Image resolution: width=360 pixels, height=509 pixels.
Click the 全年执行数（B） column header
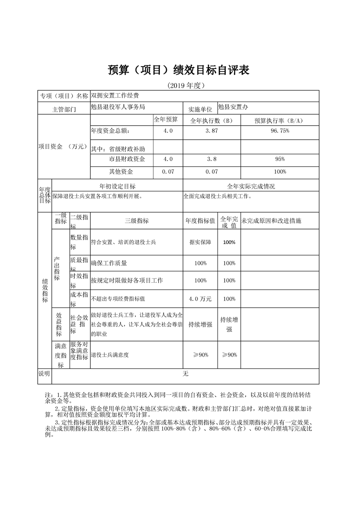pyautogui.click(x=211, y=120)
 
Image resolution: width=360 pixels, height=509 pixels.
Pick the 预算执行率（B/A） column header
pyautogui.click(x=279, y=120)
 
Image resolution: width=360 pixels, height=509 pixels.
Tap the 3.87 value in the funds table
pyautogui.click(x=211, y=131)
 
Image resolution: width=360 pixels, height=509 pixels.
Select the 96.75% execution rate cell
pyautogui.click(x=280, y=131)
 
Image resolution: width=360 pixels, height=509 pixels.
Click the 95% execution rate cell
pyautogui.click(x=280, y=159)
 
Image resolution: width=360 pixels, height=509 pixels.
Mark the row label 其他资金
pyautogui.click(x=121, y=172)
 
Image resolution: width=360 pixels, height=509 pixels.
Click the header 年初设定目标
pyautogui.click(x=118, y=186)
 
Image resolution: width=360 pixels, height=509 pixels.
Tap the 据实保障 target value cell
pyautogui.click(x=200, y=243)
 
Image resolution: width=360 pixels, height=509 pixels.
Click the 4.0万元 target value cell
pyautogui.click(x=200, y=299)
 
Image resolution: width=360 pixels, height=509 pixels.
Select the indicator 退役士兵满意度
pyautogui.click(x=110, y=355)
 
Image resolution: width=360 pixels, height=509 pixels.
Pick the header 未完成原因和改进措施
pyautogui.click(x=271, y=221)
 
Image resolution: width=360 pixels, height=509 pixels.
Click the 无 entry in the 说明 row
pyautogui.click(x=185, y=374)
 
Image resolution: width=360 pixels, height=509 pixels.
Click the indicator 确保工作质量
pyautogui.click(x=109, y=263)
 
